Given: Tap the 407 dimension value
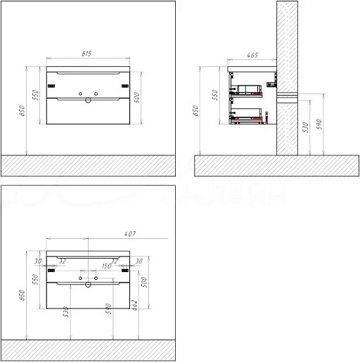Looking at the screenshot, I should [129, 233].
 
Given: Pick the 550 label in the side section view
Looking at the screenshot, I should [215, 95].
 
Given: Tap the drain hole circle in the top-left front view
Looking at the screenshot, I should [88, 101].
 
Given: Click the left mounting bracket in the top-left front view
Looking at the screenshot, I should [50, 86].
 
